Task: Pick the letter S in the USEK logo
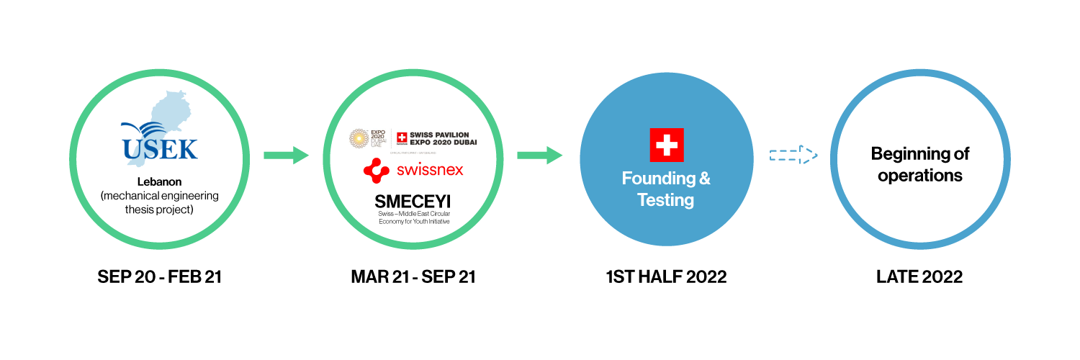tap(150, 149)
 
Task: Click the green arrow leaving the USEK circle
tap(286, 156)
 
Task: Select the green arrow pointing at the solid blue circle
tap(539, 156)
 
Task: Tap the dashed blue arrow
tap(793, 155)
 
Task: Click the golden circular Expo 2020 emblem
tap(359, 140)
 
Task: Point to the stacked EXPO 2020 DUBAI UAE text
tap(379, 140)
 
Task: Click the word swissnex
tap(430, 171)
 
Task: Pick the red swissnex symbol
tap(376, 171)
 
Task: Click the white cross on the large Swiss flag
tap(667, 145)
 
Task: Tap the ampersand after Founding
tap(704, 179)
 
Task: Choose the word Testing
tap(666, 200)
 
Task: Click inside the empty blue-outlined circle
tap(920, 159)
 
